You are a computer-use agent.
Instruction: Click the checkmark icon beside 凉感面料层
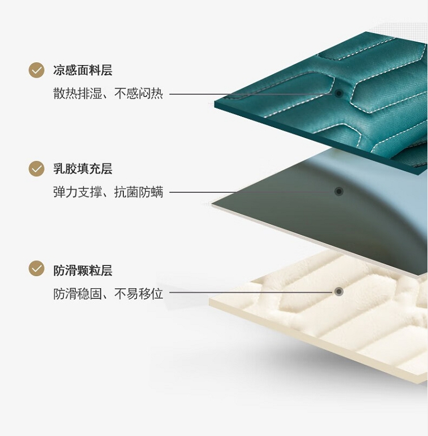point(37,70)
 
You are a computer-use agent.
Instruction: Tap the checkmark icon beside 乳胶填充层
point(37,169)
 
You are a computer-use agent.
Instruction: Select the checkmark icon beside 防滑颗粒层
point(37,268)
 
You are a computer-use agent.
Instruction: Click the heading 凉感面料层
point(83,71)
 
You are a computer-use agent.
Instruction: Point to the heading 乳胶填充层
point(83,169)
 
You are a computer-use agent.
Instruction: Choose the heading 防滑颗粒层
point(83,270)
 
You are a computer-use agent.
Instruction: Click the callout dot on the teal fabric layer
point(339,93)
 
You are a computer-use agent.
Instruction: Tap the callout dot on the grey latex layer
point(339,192)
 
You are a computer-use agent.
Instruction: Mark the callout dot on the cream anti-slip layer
point(339,292)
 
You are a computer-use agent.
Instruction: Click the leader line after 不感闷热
point(251,94)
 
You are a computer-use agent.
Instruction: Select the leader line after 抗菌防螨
point(251,192)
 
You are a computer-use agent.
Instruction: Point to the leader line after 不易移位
point(251,292)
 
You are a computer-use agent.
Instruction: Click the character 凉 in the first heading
point(59,71)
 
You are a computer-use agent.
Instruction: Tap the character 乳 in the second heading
point(59,169)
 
